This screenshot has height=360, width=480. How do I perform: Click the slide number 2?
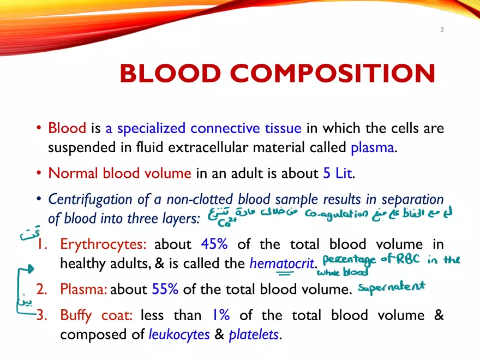(442, 30)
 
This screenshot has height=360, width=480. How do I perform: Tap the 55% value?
(165, 289)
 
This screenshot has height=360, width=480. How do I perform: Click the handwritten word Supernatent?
(392, 286)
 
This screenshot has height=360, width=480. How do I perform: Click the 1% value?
(221, 315)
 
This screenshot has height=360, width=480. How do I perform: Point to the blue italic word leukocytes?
(179, 334)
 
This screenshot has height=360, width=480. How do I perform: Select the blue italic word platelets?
(254, 334)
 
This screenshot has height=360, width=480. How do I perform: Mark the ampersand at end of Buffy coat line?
(439, 315)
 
